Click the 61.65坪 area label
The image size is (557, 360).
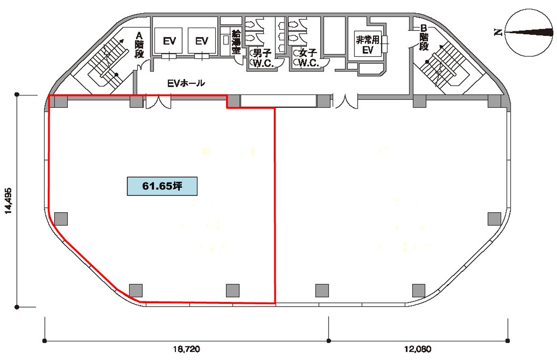click(x=162, y=186)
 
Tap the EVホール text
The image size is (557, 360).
click(x=186, y=83)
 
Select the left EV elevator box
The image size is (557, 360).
click(x=169, y=41)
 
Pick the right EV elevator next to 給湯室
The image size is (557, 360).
click(x=201, y=41)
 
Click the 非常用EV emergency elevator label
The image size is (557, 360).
click(x=367, y=44)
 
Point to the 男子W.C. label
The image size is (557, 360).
click(x=263, y=58)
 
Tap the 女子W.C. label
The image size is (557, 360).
click(x=308, y=58)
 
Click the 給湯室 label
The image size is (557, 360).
click(x=236, y=42)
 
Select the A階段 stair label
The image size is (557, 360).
click(x=139, y=45)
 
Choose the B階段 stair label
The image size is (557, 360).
click(x=424, y=37)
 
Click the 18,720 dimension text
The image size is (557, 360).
click(x=186, y=349)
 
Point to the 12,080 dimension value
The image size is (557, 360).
click(x=418, y=349)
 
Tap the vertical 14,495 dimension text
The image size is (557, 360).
click(x=8, y=201)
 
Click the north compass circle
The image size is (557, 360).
click(x=529, y=32)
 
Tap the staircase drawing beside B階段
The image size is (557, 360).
click(x=440, y=65)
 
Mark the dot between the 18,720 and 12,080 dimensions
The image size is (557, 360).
click(x=329, y=341)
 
